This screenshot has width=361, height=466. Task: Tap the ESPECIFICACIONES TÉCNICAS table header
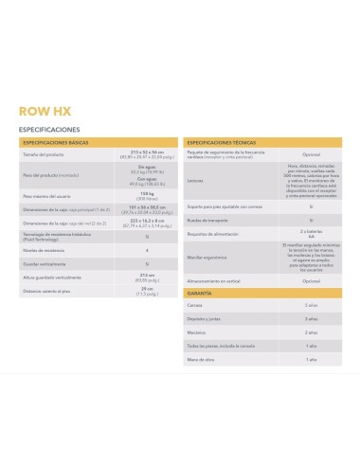click(224, 140)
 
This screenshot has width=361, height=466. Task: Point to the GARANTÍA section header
click(201, 296)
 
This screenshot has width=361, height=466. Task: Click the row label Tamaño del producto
click(44, 153)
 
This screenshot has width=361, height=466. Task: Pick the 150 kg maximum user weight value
click(146, 195)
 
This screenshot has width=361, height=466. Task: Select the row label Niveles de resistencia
click(44, 250)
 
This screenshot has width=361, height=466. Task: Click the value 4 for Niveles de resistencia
click(146, 250)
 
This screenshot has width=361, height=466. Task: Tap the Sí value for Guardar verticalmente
click(146, 263)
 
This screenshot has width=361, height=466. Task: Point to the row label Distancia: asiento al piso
click(46, 292)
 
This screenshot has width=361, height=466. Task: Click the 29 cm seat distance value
click(146, 291)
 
